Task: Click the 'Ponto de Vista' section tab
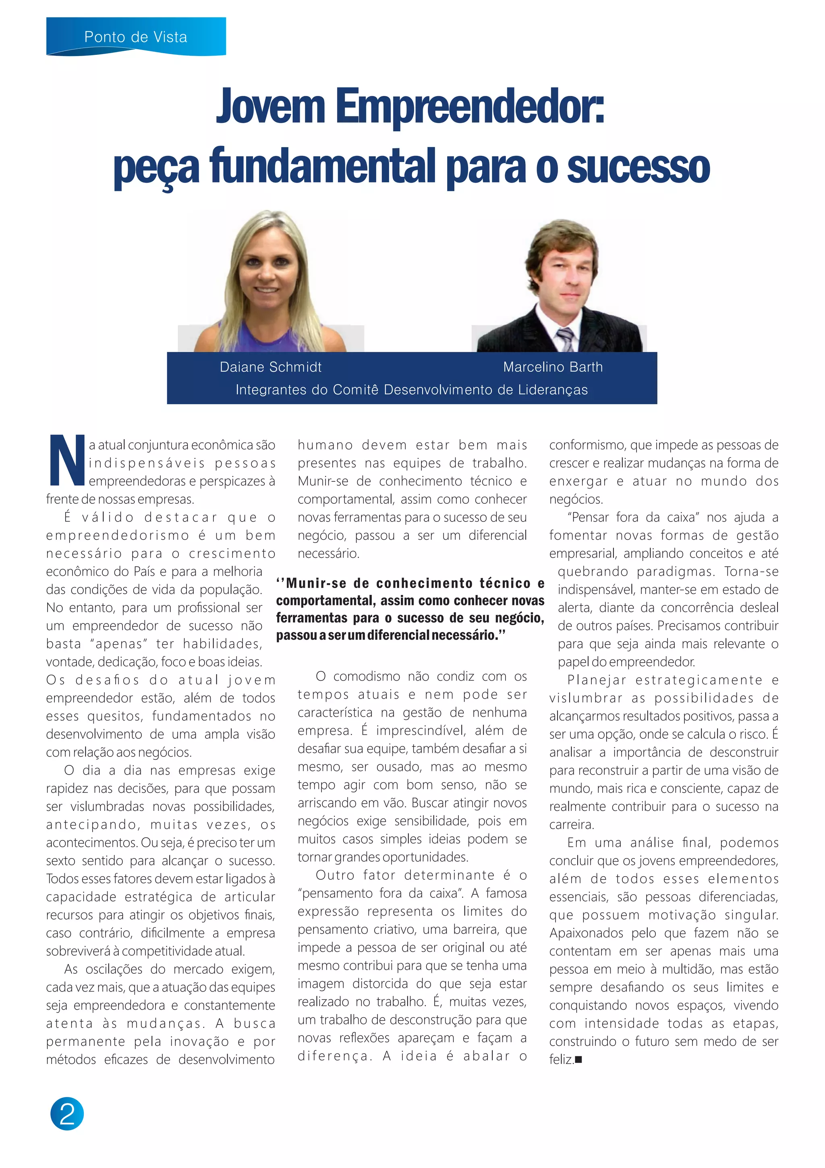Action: point(136,37)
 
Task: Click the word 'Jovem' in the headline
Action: point(270,106)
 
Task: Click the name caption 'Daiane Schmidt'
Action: point(270,367)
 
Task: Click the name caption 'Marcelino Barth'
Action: point(553,367)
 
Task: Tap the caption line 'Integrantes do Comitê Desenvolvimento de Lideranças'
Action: point(411,390)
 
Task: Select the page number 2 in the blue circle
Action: point(67,1114)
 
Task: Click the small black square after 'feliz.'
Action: point(578,1060)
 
